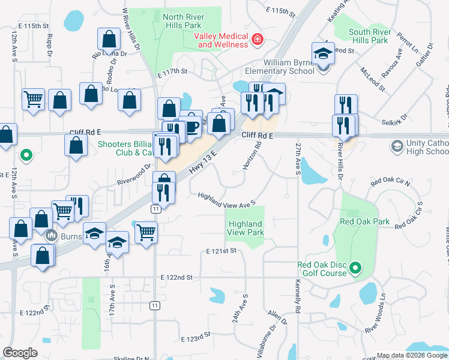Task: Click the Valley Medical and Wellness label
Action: pyautogui.click(x=221, y=40)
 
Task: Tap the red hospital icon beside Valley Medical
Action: pyautogui.click(x=257, y=40)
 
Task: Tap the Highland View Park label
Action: pyautogui.click(x=246, y=228)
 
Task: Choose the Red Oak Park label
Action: pyautogui.click(x=366, y=221)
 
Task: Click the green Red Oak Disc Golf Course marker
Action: pyautogui.click(x=355, y=268)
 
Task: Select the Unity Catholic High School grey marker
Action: pyautogui.click(x=396, y=146)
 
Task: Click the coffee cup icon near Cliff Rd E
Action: pyautogui.click(x=191, y=126)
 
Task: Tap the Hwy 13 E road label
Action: pyautogui.click(x=203, y=163)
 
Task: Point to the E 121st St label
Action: pyautogui.click(x=221, y=251)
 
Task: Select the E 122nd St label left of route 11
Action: pyautogui.click(x=176, y=277)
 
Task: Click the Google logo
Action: pyautogui.click(x=20, y=353)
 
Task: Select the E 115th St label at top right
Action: pyautogui.click(x=280, y=11)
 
